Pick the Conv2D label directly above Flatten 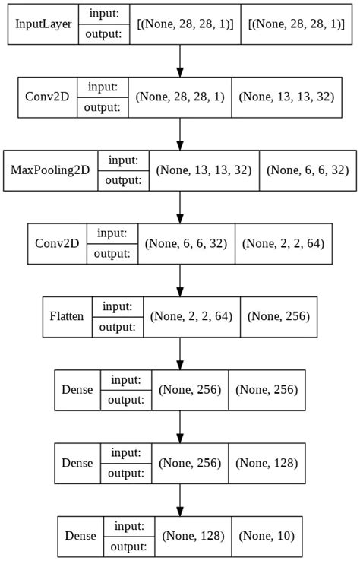coord(57,243)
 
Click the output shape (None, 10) coord(266,535)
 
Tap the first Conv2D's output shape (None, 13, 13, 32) coord(283,97)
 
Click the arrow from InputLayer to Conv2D coord(180,61)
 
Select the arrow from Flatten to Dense coord(180,353)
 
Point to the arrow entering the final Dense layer coord(180,499)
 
